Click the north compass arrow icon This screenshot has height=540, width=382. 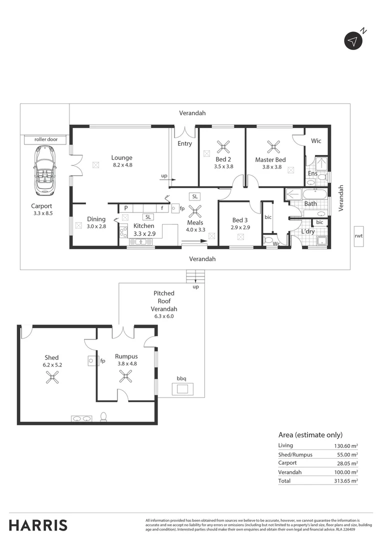(x=353, y=41)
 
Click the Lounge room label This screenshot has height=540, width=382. (x=121, y=158)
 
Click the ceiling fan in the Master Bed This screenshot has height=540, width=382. (x=273, y=146)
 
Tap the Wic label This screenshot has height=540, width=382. (x=316, y=141)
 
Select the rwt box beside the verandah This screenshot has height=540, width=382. (x=358, y=236)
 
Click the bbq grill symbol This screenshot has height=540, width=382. (x=182, y=388)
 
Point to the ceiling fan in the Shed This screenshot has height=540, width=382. (x=51, y=378)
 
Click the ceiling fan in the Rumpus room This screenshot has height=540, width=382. (x=125, y=377)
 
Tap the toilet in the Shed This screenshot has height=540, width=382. (x=103, y=416)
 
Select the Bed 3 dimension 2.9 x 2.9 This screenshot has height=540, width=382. (x=240, y=227)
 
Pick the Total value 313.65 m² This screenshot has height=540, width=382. (x=347, y=481)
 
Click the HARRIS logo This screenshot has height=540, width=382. (x=38, y=525)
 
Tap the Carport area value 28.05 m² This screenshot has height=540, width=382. (x=347, y=463)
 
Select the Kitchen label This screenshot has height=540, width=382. (x=143, y=226)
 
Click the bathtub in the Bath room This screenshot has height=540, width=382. (x=314, y=194)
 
